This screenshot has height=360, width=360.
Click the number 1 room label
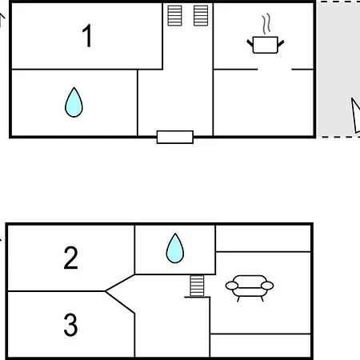click(87, 36)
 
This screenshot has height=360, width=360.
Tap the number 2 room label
click(71, 258)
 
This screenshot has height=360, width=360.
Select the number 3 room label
click(70, 325)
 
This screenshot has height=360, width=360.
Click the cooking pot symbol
click(266, 45)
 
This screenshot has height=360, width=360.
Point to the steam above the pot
click(266, 24)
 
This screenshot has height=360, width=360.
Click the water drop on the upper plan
click(74, 102)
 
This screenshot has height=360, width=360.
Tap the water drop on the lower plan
click(175, 248)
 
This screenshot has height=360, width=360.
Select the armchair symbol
click(250, 288)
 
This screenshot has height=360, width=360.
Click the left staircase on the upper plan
click(174, 16)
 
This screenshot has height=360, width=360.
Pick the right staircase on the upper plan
click(201, 16)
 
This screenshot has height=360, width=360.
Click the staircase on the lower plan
click(197, 286)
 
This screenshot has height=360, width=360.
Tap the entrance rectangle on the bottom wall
click(175, 137)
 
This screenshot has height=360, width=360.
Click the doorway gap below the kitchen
click(274, 70)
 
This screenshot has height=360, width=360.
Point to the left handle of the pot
click(250, 43)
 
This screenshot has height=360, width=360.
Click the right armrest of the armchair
click(267, 286)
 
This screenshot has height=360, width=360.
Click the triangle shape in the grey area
click(356, 115)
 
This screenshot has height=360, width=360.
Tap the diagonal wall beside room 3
click(120, 302)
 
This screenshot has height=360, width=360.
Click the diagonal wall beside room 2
click(120, 282)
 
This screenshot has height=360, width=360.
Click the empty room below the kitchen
click(263, 102)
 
